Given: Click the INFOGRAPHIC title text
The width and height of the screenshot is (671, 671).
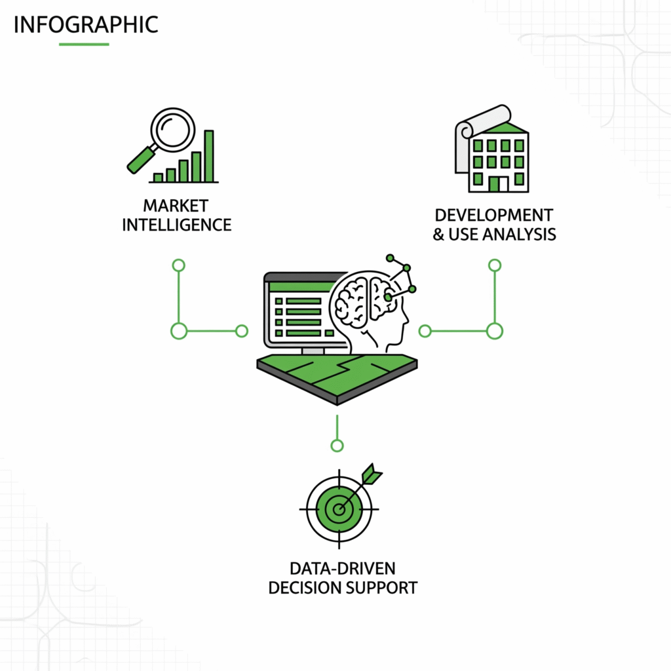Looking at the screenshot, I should pos(85,24).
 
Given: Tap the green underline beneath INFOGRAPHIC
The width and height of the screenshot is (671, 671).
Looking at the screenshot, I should pos(84,44).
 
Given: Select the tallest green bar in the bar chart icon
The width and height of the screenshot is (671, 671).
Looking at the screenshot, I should pos(209,156).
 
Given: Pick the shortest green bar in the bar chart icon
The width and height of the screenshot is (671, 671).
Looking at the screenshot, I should pos(158,177).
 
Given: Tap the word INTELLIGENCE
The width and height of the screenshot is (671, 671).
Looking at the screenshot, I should pos(176,225).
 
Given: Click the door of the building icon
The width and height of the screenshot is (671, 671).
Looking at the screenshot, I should pos(493,183).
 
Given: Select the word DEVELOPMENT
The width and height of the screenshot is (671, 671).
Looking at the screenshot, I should pos(493,215).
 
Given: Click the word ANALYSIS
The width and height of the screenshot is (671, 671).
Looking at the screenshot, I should pos(518,234).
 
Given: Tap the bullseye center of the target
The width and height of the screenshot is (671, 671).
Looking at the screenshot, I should pos(338,508).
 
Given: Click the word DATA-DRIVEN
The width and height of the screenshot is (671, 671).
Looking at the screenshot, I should pos(343,567).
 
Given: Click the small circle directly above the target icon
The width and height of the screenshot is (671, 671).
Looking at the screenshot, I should pos(337,446).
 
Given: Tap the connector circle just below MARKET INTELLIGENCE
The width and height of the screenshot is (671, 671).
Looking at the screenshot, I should pos(178,265).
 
